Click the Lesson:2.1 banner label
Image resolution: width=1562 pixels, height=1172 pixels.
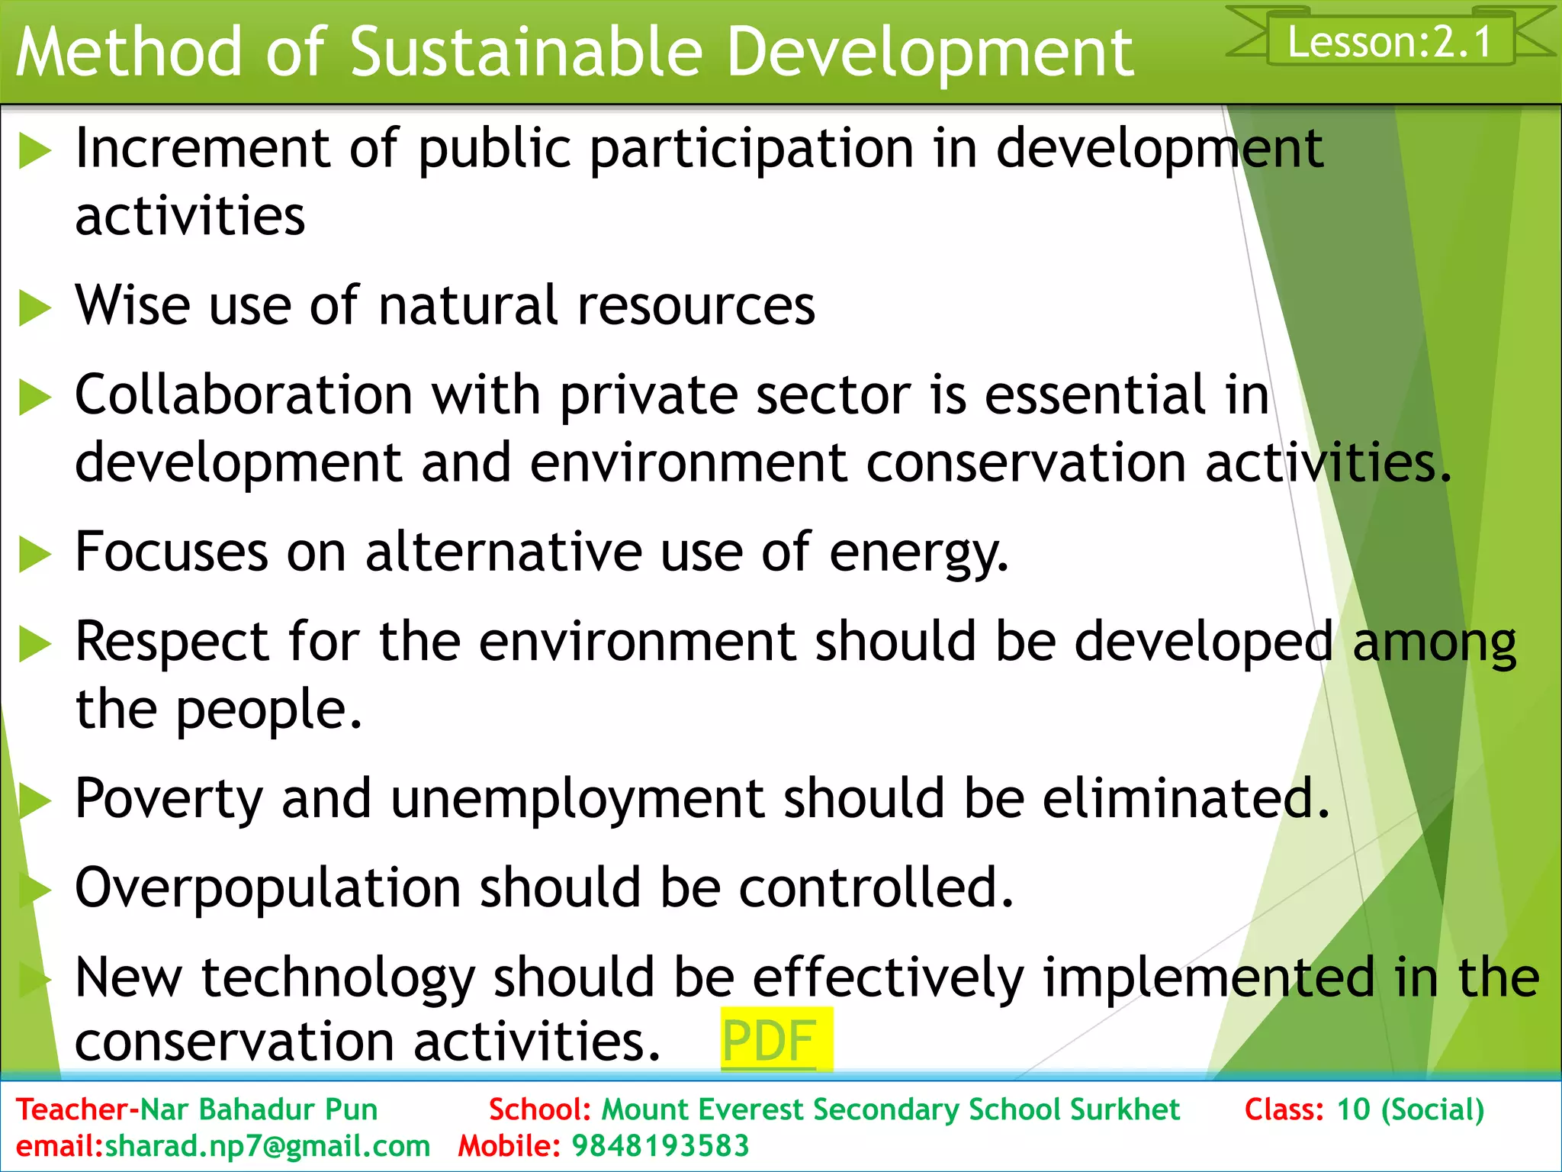[x=1390, y=41]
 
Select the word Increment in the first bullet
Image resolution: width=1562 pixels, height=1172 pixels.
[x=203, y=148]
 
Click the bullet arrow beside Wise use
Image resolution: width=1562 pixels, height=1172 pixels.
[x=34, y=308]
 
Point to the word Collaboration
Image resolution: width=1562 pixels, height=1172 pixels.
[x=244, y=395]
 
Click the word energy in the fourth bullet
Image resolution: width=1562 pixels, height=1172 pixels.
[x=918, y=552]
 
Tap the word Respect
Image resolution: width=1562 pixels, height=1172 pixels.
[x=172, y=641]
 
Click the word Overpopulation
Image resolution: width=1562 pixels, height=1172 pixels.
[x=268, y=888]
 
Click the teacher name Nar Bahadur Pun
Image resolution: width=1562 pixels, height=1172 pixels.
[x=259, y=1109]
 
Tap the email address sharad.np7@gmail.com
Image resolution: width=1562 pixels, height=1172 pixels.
[x=267, y=1146]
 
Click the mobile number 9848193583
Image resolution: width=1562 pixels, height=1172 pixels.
[x=660, y=1146]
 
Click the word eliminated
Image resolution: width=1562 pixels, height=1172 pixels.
[x=1185, y=799]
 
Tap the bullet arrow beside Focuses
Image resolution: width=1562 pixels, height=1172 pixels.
[x=34, y=554]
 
